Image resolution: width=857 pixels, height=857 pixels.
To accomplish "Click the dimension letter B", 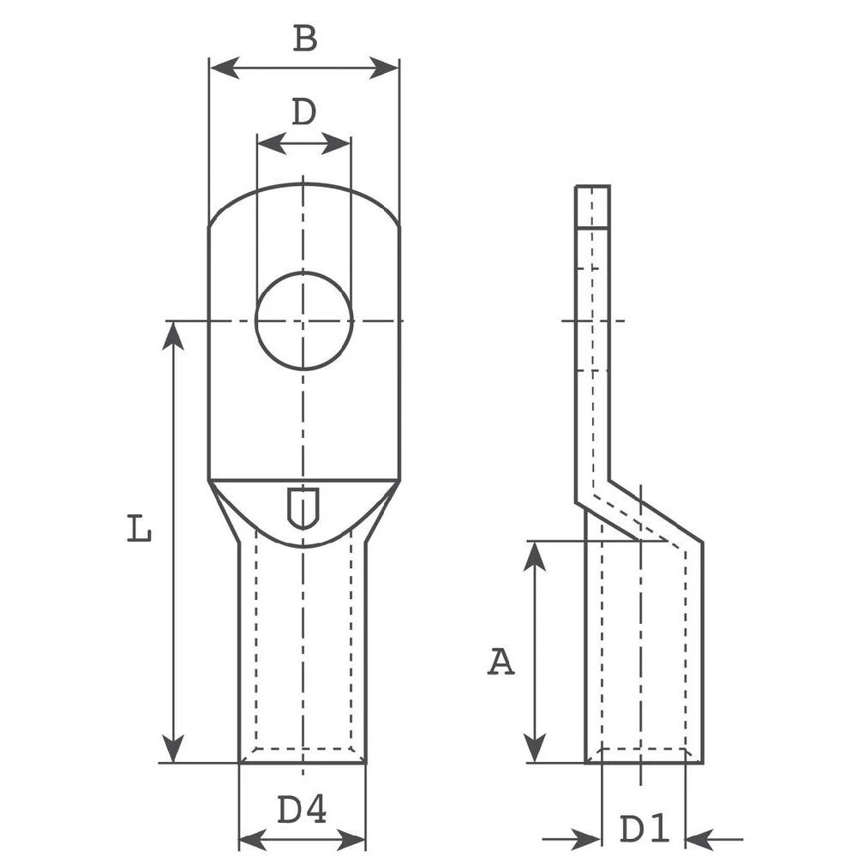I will pyautogui.click(x=304, y=39).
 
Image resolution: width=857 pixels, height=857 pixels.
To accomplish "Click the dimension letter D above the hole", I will pyautogui.click(x=303, y=112).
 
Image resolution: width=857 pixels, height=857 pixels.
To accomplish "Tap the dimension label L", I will pyautogui.click(x=140, y=529).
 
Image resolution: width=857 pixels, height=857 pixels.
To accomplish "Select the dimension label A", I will pyautogui.click(x=501, y=662).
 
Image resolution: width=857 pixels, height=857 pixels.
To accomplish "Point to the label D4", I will pyautogui.click(x=302, y=809).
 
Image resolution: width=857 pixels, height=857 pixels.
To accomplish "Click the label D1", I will pyautogui.click(x=644, y=829).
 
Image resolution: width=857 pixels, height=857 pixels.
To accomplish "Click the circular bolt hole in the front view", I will pyautogui.click(x=303, y=321).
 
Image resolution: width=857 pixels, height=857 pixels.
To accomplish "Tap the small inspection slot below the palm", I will pyautogui.click(x=302, y=507).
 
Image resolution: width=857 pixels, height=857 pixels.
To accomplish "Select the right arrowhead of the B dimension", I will pyautogui.click(x=385, y=68).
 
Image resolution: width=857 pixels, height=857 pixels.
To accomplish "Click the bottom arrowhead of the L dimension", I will pyautogui.click(x=173, y=748).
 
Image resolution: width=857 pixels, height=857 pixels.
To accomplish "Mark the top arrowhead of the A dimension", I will pyautogui.click(x=535, y=555).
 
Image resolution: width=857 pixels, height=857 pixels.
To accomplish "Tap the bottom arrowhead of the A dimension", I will pyautogui.click(x=535, y=748).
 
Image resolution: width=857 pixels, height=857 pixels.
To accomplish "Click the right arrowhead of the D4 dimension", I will pyautogui.click(x=352, y=840).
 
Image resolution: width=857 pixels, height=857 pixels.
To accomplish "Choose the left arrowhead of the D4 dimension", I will pyautogui.click(x=253, y=840).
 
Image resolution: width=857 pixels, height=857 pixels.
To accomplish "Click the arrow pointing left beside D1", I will pyautogui.click(x=700, y=840).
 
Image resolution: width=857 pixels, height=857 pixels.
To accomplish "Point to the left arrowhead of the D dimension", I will pyautogui.click(x=270, y=143).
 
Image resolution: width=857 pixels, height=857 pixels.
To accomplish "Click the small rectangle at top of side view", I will pyautogui.click(x=592, y=207).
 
